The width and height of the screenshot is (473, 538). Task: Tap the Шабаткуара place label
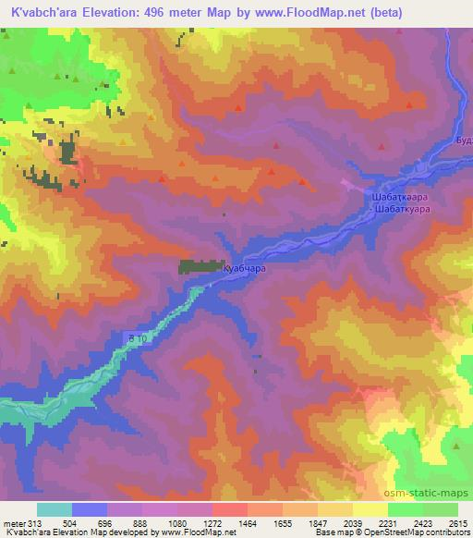point(403,210)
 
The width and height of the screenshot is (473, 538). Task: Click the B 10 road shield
point(137,340)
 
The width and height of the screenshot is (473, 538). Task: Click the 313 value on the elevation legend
point(35,523)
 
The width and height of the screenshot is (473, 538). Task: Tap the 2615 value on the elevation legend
point(456,523)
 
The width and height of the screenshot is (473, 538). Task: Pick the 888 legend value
point(140,523)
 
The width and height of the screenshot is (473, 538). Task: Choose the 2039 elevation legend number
point(351,523)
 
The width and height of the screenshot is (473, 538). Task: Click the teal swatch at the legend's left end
point(55,509)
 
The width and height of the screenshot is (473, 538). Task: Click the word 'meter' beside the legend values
point(14,523)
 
